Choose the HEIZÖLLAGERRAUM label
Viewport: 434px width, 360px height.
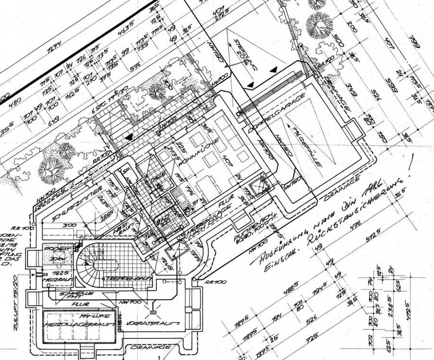click(80, 325)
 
